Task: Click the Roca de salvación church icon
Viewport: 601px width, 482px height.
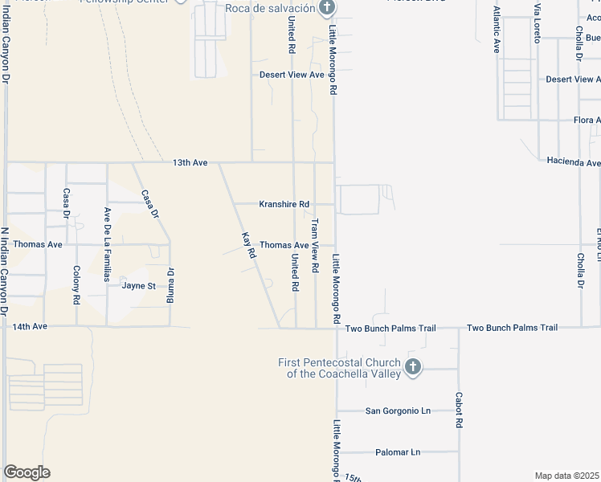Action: point(326,9)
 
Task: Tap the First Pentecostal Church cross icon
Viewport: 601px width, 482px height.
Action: point(412,367)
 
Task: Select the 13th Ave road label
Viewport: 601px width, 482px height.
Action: point(190,163)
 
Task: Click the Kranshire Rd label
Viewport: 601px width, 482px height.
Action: point(284,204)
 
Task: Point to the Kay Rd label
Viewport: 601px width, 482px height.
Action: point(249,244)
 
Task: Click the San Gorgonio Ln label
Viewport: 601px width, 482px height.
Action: point(398,411)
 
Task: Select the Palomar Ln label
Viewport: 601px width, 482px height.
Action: point(393,452)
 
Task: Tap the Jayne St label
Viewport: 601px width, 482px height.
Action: point(138,285)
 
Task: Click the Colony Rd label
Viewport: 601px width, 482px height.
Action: point(76,284)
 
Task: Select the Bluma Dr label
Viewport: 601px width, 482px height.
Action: point(170,284)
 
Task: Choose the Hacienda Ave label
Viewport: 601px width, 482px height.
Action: point(573,161)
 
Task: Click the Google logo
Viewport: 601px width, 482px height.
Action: point(27,472)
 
